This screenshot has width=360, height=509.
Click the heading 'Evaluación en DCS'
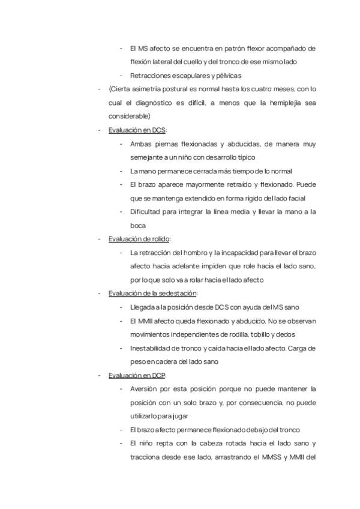[x=137, y=130]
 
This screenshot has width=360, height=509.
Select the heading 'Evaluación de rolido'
[x=139, y=239]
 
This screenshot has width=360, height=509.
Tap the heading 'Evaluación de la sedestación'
[x=152, y=294]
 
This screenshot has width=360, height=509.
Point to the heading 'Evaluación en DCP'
[x=137, y=375]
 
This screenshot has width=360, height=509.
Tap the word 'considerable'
[x=129, y=116]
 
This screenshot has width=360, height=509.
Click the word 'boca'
[x=137, y=225]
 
